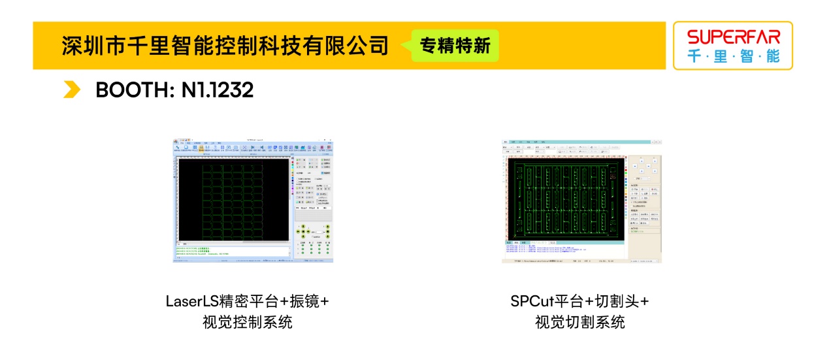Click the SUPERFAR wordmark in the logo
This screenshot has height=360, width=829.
pyautogui.click(x=734, y=37)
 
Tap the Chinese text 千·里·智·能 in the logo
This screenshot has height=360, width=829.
pyautogui.click(x=733, y=56)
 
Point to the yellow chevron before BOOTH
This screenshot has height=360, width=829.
pyautogui.click(x=72, y=90)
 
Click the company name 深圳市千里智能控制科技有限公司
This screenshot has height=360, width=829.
pyautogui.click(x=225, y=46)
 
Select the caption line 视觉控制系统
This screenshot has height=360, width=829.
pyautogui.click(x=248, y=322)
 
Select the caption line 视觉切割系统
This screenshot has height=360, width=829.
pyautogui.click(x=580, y=322)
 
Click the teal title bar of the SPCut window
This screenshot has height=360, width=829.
pyautogui.click(x=581, y=141)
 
